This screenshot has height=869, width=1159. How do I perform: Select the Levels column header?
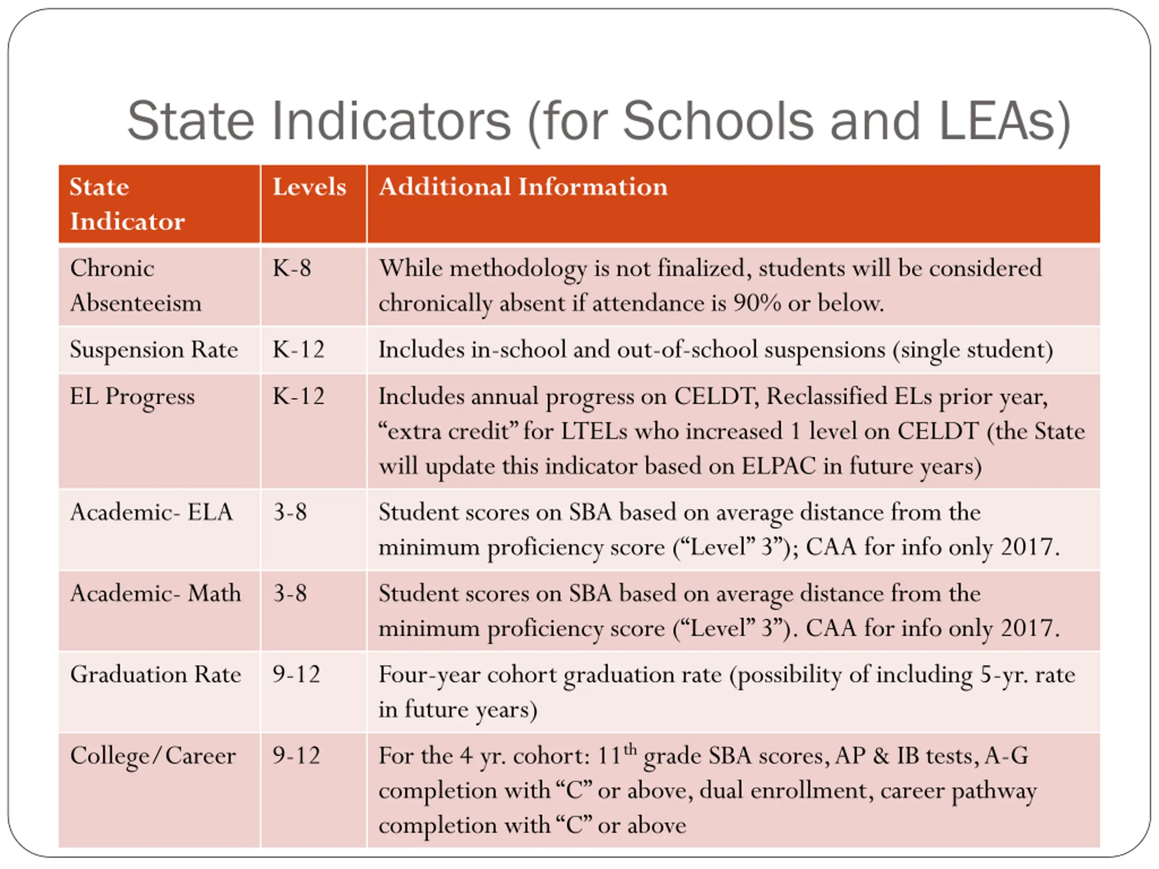pos(309,187)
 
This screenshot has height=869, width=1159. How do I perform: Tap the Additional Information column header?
pos(523,187)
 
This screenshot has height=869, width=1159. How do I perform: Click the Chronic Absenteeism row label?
pos(135,286)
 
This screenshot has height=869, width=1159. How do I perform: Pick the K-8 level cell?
pos(292,269)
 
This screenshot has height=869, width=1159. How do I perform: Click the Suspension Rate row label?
pos(153,349)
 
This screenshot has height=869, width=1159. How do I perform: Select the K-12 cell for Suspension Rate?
pos(298,349)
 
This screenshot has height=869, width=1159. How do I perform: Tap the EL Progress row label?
pos(132,396)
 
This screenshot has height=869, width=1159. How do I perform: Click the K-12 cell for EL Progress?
pos(298,396)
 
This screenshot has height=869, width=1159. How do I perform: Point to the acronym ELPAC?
pos(779,466)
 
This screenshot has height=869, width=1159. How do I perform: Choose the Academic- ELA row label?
pos(151,512)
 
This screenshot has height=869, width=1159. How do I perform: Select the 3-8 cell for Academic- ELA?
pos(290,512)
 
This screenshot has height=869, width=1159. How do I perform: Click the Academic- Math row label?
pos(156,593)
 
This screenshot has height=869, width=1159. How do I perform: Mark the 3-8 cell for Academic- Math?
pos(290,593)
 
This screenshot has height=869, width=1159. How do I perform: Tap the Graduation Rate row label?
pos(156,674)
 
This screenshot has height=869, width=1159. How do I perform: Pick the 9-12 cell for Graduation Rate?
pos(296,674)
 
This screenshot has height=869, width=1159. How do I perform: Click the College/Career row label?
pos(153,756)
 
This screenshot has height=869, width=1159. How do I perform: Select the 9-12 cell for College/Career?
pos(296,756)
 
